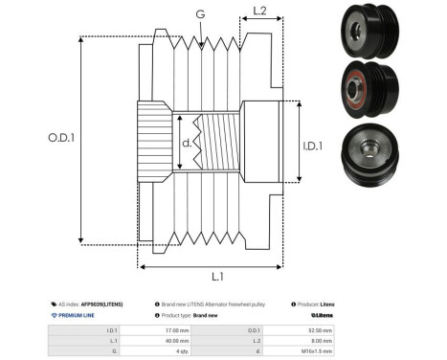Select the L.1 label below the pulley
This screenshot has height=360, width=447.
click(x=216, y=276)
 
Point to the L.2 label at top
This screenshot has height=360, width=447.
click(x=259, y=12)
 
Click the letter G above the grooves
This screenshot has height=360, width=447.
click(x=199, y=13)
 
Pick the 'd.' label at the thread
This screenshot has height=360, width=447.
click(x=187, y=145)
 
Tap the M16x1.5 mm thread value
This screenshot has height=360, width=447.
click(x=318, y=350)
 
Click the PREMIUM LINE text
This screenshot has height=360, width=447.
click(x=78, y=314)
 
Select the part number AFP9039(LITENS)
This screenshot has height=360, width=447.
click(x=103, y=302)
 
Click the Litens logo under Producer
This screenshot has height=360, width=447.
click(x=323, y=314)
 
